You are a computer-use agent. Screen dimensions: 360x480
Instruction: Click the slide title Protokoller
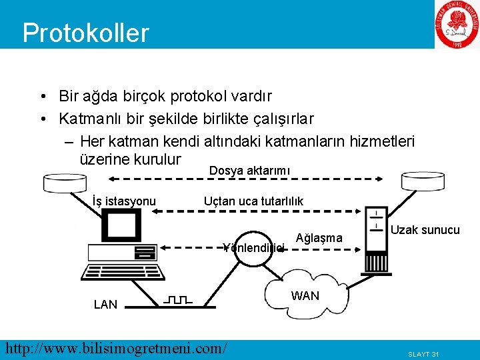(x=85, y=32)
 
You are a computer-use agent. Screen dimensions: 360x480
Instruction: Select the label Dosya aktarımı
(x=249, y=171)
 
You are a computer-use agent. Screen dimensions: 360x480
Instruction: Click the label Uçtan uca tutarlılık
(x=253, y=201)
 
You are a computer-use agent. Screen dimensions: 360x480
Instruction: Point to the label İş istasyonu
(x=125, y=201)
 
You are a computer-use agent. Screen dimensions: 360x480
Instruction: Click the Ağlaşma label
(x=319, y=238)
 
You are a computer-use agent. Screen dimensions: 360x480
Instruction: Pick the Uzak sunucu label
(x=425, y=230)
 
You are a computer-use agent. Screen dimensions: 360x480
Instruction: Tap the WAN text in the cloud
(x=305, y=295)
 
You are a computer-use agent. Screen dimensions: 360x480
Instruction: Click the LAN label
(x=105, y=305)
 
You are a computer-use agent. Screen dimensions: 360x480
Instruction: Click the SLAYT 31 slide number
(x=424, y=353)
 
